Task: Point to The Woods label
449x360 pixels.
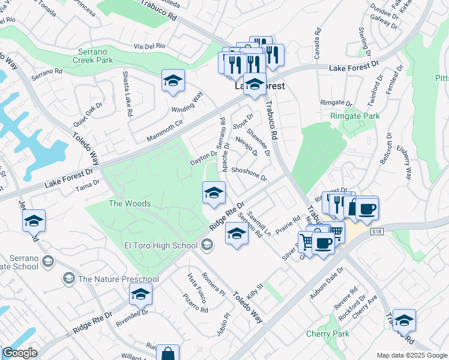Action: pos(129,204)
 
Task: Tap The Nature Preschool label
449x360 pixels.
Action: pos(118,279)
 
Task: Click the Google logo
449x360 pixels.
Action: pos(20,353)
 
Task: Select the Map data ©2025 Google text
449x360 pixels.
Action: pos(411,355)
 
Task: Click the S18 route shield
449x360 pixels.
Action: pos(377,230)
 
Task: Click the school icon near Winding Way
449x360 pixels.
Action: pos(173,81)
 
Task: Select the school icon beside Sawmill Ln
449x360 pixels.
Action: pos(237,234)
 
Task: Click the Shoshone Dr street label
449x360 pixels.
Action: pos(249,173)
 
